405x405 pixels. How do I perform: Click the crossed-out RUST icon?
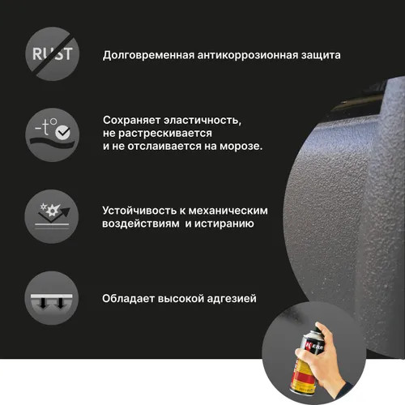[x=53, y=53]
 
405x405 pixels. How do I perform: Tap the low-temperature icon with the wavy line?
[x=53, y=134]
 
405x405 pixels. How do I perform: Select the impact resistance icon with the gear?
[x=52, y=216]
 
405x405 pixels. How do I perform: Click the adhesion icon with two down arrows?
[x=52, y=298]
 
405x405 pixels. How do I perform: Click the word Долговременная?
[x=148, y=55]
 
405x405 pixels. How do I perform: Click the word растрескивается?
[x=165, y=134]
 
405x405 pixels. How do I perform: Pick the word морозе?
[x=241, y=146]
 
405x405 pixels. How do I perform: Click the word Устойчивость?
[x=139, y=211]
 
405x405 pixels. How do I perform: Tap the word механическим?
[x=228, y=211]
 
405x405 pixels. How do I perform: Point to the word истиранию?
[x=224, y=224]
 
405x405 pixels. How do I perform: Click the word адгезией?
[x=232, y=299]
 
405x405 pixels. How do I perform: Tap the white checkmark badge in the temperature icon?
[x=62, y=133]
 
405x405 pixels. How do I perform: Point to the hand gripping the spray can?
[x=324, y=359]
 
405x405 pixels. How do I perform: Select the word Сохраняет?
[x=132, y=121]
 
